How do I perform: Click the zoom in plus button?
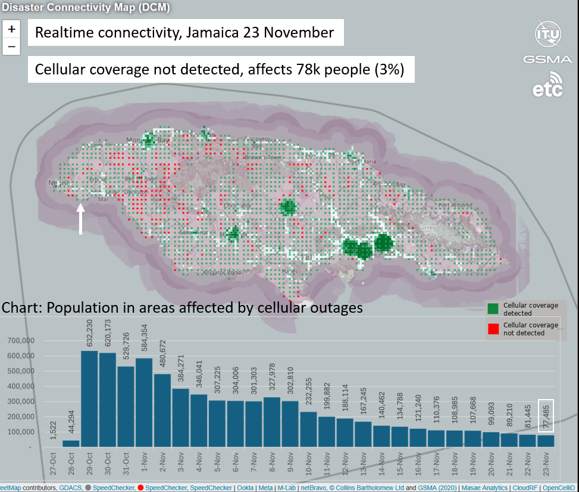11,29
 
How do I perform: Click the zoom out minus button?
11,46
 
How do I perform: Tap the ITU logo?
547,34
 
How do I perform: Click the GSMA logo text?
547,60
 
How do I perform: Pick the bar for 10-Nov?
308,428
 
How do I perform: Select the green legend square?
492,309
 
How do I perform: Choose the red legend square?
492,329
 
